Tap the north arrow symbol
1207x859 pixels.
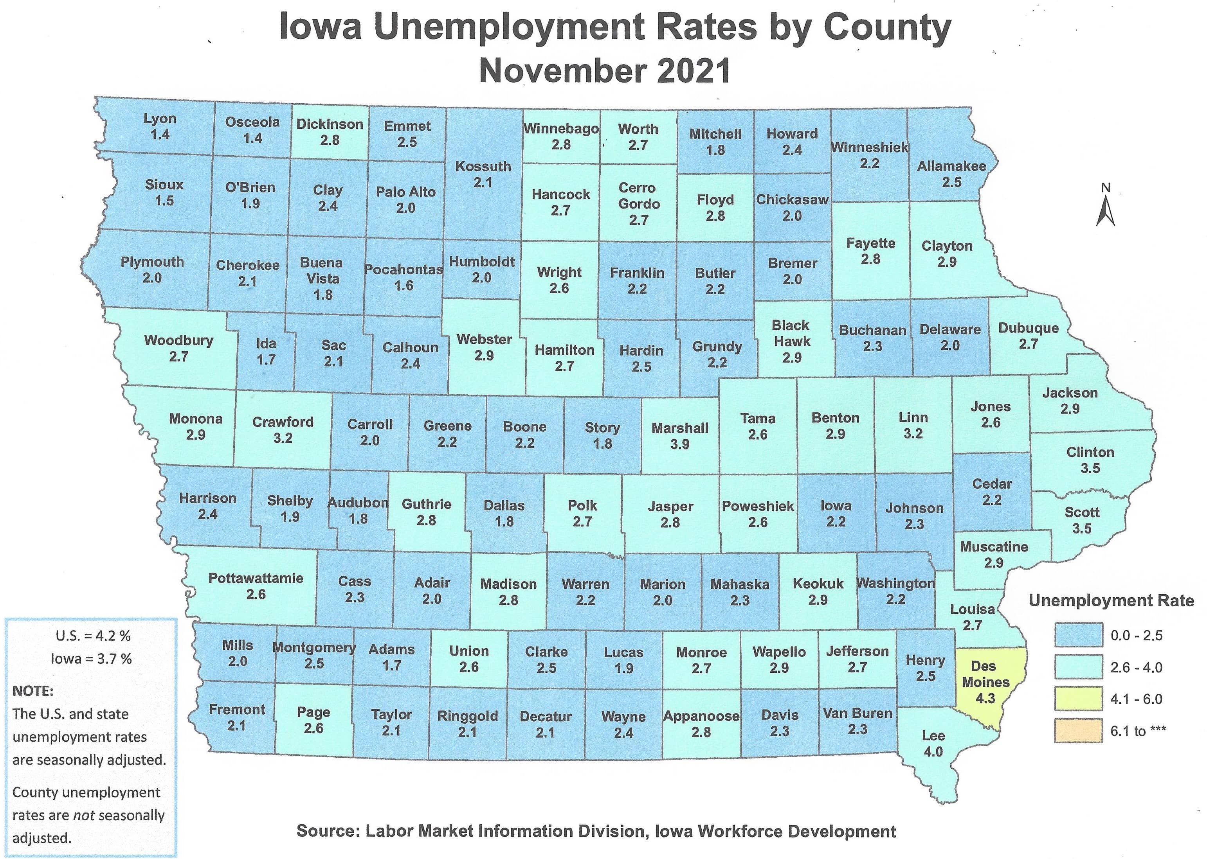coord(1105,208)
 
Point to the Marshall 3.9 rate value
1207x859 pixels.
coord(679,444)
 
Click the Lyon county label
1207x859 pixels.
coord(160,119)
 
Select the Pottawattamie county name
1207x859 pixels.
coord(256,578)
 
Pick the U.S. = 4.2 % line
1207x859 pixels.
coord(93,636)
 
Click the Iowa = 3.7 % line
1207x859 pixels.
coord(91,659)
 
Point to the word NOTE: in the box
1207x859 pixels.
coord(33,691)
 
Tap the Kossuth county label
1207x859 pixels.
coord(483,167)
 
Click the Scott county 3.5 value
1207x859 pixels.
coord(1082,528)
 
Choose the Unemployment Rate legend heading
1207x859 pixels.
coord(1111,601)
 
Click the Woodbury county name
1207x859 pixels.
coord(178,340)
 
